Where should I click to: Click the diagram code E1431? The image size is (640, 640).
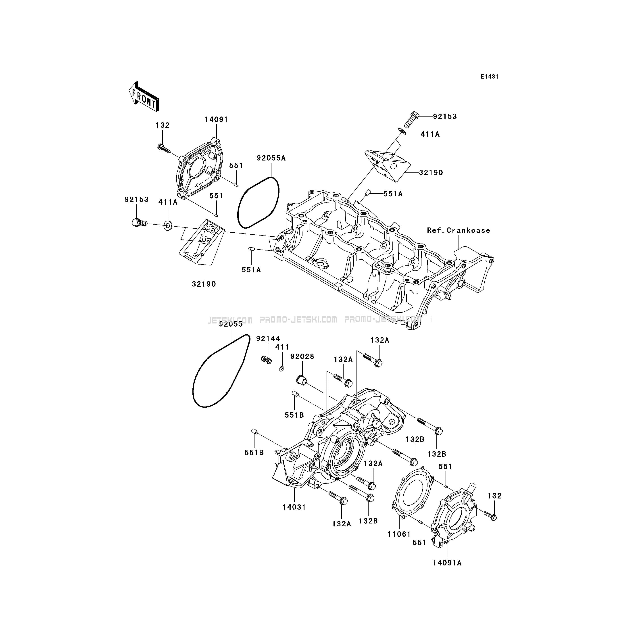point(489,77)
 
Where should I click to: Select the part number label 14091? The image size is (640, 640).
point(216,120)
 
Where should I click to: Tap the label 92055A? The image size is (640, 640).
point(271,158)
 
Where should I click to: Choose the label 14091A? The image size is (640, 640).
point(447,563)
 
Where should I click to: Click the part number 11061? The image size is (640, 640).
point(399,534)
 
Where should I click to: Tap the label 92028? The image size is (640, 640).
point(302,356)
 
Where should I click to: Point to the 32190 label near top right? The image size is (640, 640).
point(431,173)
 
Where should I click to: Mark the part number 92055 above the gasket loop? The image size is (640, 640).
point(231,324)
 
